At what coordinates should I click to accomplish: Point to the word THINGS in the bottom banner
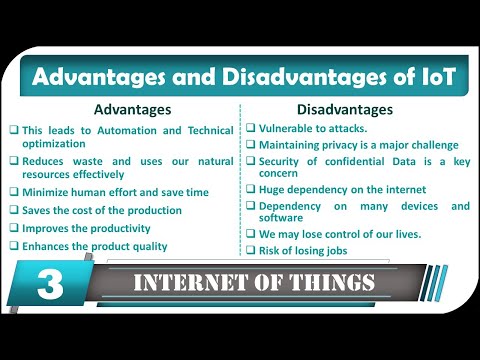[x=335, y=283]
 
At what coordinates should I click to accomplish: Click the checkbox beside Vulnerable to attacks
[x=250, y=130]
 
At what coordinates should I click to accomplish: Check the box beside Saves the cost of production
[x=14, y=210]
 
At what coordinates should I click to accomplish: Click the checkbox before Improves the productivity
[x=14, y=228]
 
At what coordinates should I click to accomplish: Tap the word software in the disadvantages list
[x=283, y=219]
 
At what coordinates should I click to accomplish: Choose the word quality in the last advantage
[x=148, y=246]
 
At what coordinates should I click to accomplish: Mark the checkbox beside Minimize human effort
[x=14, y=192]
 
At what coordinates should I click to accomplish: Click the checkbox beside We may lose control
[x=250, y=234]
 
